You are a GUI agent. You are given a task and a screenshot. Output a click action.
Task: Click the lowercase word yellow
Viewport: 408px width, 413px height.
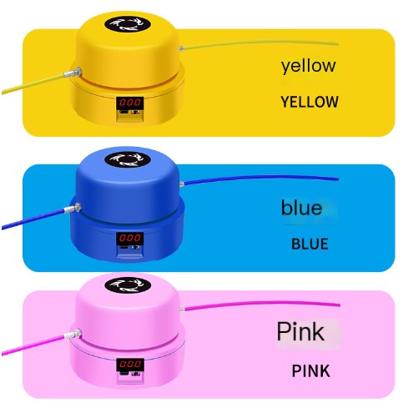pos(308,66)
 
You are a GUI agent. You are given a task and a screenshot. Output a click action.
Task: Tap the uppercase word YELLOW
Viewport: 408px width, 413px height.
pos(310,102)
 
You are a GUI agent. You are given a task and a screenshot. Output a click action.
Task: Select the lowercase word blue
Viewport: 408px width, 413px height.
pos(301,208)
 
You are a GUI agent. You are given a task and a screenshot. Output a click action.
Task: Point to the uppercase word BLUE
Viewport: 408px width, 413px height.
pos(310,244)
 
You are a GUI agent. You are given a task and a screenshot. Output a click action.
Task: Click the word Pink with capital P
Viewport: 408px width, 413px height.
pos(300,331)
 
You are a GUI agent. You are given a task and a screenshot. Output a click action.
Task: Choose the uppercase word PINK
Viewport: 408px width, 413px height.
pos(311,370)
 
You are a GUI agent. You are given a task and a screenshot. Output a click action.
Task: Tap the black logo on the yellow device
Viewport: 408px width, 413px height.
pos(128,24)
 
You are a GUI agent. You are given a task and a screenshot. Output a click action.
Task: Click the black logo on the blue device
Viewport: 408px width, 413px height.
pos(128,160)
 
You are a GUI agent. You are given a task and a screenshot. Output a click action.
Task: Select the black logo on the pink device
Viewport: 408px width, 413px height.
pos(128,285)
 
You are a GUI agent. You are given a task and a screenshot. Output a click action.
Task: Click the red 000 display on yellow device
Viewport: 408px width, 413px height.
pos(130,103)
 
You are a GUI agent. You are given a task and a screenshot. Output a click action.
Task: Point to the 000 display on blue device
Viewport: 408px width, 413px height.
pos(130,238)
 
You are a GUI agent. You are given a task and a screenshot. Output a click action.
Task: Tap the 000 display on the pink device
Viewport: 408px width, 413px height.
pos(130,365)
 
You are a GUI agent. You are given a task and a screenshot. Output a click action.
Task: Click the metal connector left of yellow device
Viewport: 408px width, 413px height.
pos(73,73)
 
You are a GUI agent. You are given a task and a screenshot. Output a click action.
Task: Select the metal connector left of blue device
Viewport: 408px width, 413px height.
pos(73,209)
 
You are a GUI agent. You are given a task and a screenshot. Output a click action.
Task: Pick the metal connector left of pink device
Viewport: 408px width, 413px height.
pos(73,334)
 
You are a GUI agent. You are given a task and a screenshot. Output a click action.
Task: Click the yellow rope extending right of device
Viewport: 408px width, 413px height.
pos(261,43)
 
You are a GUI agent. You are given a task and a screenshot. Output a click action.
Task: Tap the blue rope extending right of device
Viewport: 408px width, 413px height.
pos(261,177)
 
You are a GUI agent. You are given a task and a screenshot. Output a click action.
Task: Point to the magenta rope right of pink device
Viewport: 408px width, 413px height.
pos(262,303)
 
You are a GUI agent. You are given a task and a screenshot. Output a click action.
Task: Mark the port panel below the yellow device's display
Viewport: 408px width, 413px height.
pos(130,114)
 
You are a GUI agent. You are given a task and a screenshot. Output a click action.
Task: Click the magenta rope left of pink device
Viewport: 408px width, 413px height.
pos(33,345)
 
